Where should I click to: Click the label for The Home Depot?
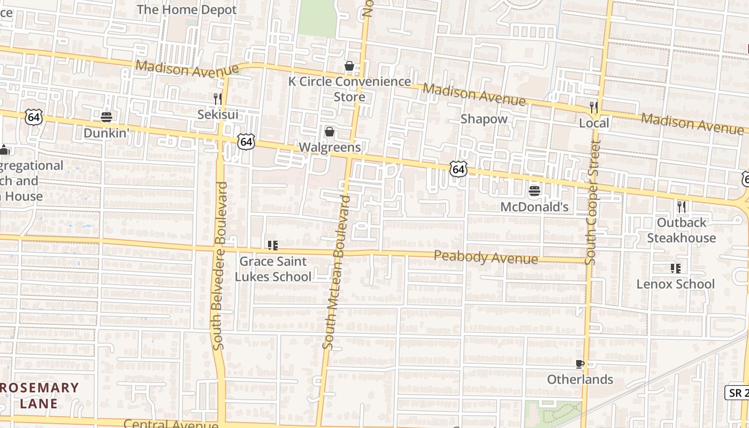tap(187, 10)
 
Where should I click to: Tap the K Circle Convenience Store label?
tap(349, 89)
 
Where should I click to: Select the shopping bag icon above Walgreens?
tap(330, 132)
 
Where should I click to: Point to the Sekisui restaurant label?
tap(218, 114)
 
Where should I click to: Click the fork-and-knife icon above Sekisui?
tap(218, 98)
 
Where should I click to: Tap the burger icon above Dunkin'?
tap(106, 117)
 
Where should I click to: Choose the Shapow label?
tap(484, 119)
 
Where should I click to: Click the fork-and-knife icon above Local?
tap(594, 107)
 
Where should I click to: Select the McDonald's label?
tap(534, 207)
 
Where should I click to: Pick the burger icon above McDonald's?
tap(534, 190)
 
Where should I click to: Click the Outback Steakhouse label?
tap(682, 230)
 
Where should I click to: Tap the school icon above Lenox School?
tap(675, 268)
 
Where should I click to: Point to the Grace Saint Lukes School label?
tap(273, 269)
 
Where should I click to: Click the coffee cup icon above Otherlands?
tap(579, 364)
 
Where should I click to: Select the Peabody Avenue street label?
tap(486, 257)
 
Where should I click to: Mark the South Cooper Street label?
tap(593, 203)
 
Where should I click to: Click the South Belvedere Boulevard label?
tap(220, 266)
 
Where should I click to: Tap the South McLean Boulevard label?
tap(336, 273)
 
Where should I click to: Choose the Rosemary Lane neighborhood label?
tap(39, 395)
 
